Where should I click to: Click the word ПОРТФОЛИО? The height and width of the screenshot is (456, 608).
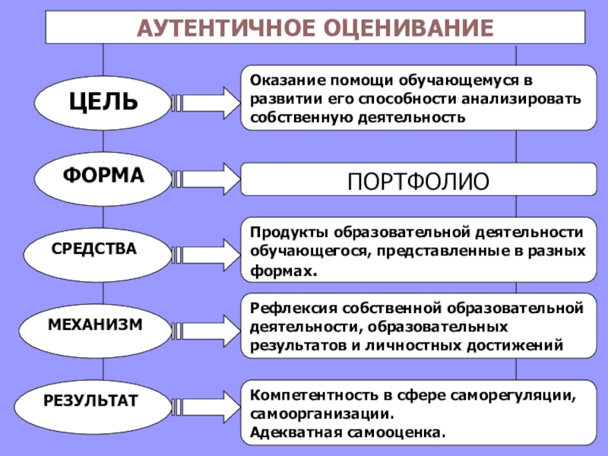(x=417, y=183)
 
